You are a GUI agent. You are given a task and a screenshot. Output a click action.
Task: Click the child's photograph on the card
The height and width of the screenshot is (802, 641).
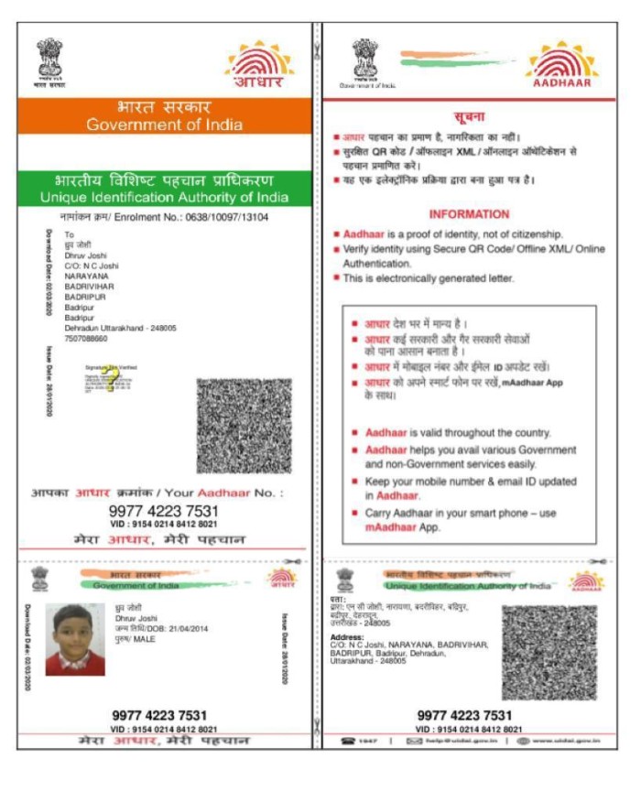75,639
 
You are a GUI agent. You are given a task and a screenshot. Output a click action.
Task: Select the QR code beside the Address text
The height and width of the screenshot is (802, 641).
549,652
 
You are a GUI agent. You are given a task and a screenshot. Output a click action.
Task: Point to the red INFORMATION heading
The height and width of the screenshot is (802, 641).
469,214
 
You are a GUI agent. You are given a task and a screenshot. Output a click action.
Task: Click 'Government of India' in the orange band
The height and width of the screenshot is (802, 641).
165,125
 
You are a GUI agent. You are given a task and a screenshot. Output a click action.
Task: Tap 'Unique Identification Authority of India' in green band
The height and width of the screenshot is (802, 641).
165,198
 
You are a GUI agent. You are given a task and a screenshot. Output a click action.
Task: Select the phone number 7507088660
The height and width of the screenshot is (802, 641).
85,339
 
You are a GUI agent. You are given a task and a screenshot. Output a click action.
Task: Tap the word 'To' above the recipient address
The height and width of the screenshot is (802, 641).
68,235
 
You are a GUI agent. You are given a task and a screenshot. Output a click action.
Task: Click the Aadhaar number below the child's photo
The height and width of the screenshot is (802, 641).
159,715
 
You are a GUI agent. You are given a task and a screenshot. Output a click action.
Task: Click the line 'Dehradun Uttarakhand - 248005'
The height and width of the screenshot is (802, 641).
120,328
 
